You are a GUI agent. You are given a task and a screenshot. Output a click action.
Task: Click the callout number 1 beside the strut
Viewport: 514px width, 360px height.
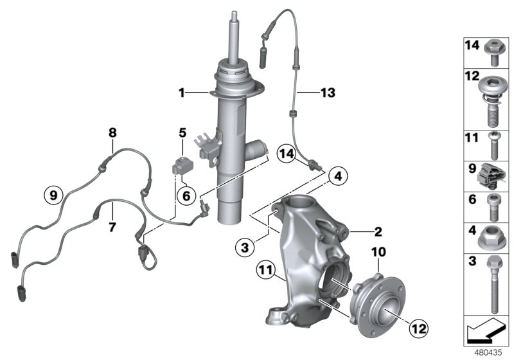tap(182, 93)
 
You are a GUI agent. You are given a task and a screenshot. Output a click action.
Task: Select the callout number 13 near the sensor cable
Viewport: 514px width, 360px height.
tap(328, 93)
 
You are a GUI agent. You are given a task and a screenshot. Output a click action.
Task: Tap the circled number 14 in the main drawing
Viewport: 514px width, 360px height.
tap(286, 155)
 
